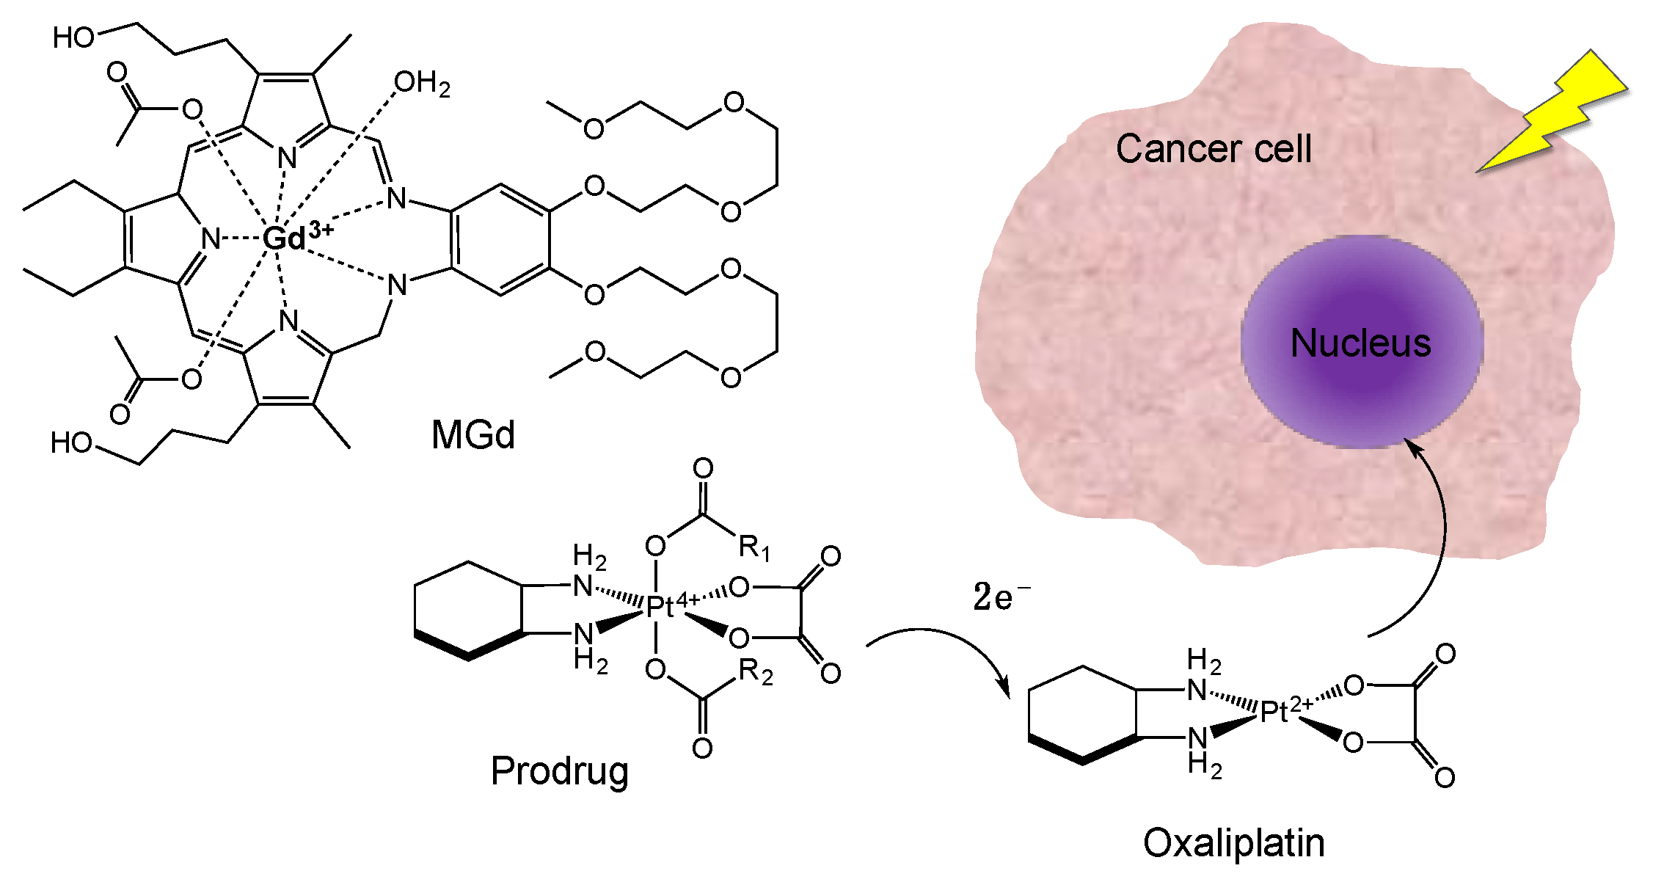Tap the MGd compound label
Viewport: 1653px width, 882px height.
coord(473,434)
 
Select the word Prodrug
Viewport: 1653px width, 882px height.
coord(560,771)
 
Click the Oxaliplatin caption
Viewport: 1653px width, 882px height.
coord(1234,842)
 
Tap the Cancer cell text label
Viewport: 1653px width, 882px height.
coord(1214,149)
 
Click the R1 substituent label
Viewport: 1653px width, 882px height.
coord(754,547)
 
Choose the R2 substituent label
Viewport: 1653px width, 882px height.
coord(756,671)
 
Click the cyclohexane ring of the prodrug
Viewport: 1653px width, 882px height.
coord(469,611)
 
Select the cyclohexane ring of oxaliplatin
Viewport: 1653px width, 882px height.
coord(1083,715)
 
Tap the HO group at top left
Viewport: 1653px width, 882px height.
coord(73,37)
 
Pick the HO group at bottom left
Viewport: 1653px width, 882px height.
coord(71,443)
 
